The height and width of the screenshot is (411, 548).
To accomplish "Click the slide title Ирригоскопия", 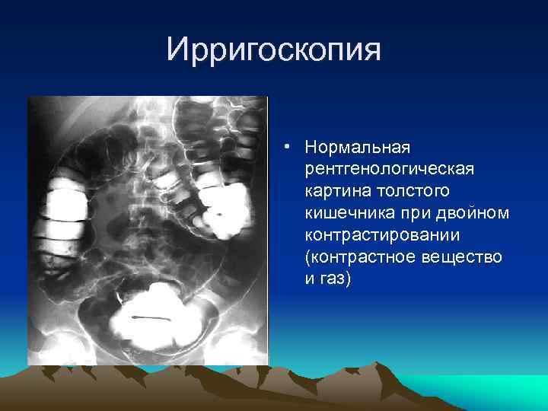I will [273, 50].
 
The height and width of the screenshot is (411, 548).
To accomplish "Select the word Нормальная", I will [355, 145].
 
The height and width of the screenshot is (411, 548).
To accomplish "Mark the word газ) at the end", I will [335, 279].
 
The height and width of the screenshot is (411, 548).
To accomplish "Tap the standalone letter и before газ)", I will [309, 279].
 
